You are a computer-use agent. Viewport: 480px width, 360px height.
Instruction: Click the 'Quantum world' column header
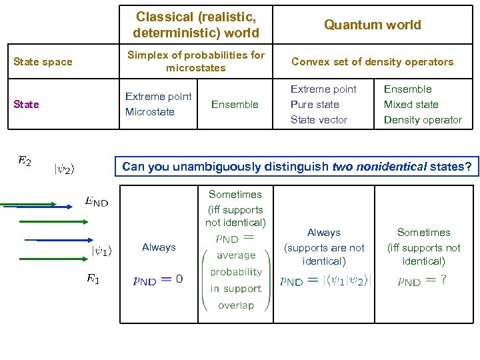372,25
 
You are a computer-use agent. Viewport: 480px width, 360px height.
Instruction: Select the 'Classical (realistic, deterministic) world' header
195,24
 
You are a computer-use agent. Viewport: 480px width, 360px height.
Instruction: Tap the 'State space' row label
43,62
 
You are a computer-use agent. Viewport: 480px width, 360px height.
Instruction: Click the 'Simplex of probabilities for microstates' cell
195,61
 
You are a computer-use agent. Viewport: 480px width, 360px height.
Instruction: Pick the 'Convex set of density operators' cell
372,62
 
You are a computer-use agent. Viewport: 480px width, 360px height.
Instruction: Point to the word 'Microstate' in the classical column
149,112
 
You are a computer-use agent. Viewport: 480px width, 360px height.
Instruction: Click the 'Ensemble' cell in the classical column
235,104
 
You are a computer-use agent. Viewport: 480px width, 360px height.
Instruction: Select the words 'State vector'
319,120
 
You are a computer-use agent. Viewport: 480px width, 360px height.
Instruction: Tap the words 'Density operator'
423,120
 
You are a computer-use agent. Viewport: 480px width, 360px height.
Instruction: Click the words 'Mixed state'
411,105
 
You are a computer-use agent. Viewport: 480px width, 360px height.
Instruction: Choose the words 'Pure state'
315,105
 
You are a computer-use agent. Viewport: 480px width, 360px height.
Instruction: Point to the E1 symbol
93,279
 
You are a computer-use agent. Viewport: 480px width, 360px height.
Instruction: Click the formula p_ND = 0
158,280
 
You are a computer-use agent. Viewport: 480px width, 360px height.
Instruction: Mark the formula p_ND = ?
422,281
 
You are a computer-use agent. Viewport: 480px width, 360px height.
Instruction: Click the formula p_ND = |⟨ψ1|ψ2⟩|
325,281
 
